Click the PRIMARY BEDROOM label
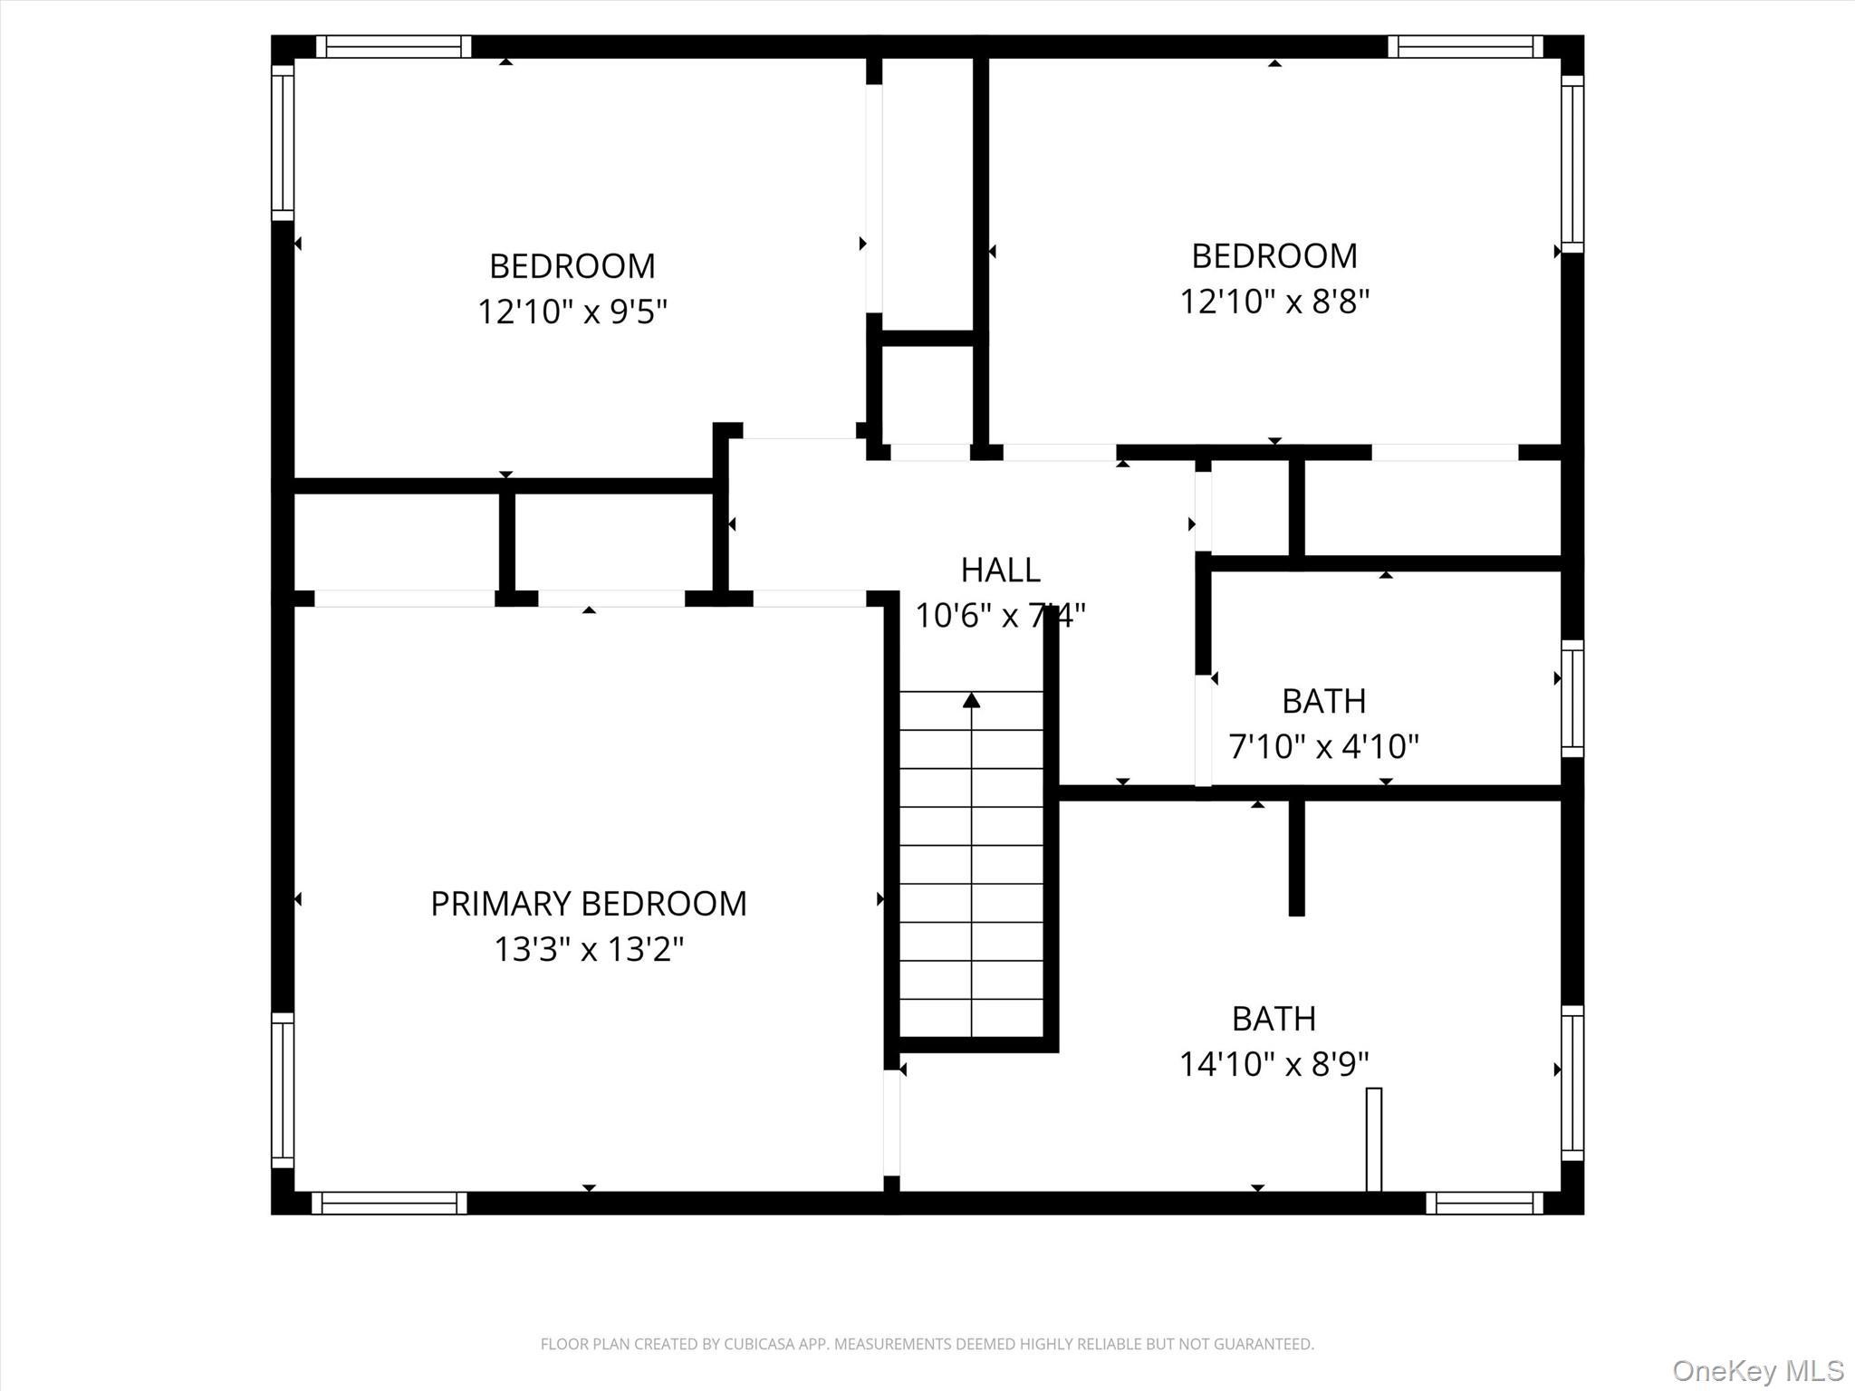tap(588, 904)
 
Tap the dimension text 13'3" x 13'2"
tap(588, 950)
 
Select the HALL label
tap(1000, 570)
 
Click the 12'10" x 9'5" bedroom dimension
tap(572, 312)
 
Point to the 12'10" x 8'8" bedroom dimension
tap(1274, 302)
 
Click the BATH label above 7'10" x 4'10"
tap(1323, 701)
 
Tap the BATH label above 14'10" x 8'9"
tap(1273, 1019)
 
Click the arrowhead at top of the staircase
tap(971, 700)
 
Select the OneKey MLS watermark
tap(1757, 1370)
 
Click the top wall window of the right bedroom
tap(1465, 46)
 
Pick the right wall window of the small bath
tap(1572, 698)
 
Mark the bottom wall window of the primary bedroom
tap(389, 1203)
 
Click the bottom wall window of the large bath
tap(1484, 1203)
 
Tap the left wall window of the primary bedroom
tap(283, 1089)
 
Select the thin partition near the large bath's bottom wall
tap(1373, 1139)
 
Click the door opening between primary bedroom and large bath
tap(891, 1123)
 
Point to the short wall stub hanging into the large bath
tap(1296, 859)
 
